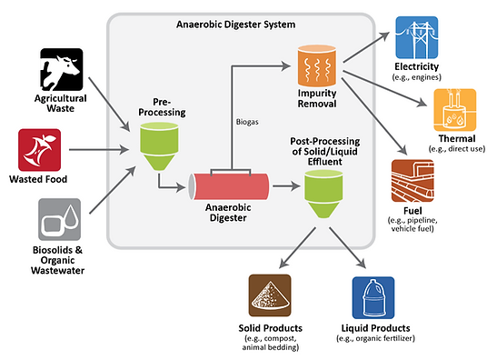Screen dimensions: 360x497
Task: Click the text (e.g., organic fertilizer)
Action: (x=372, y=339)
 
